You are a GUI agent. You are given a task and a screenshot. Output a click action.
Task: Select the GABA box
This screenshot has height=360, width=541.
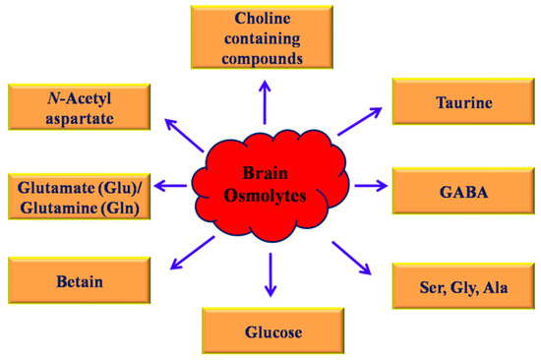[x=461, y=190]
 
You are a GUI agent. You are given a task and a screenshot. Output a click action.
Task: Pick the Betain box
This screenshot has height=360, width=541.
[x=73, y=281]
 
